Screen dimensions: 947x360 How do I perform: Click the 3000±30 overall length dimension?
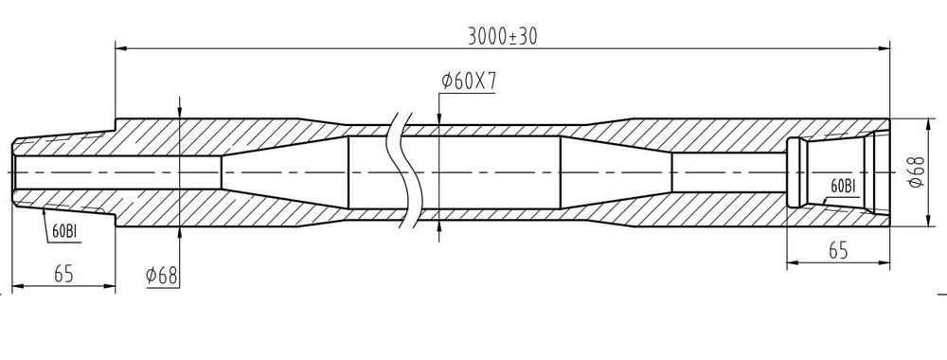click(x=503, y=37)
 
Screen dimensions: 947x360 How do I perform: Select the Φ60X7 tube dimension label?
click(x=469, y=81)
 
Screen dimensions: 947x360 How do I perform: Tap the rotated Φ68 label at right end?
click(x=916, y=171)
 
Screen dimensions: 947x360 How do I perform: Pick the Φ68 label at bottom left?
click(x=162, y=276)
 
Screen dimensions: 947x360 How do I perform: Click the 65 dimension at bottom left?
click(x=63, y=273)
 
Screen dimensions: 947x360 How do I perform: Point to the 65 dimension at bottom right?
click(x=838, y=250)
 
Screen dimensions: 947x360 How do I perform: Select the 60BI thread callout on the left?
click(x=64, y=231)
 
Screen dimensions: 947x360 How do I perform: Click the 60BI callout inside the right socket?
click(x=843, y=187)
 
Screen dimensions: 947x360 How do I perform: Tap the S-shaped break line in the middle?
click(x=403, y=171)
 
